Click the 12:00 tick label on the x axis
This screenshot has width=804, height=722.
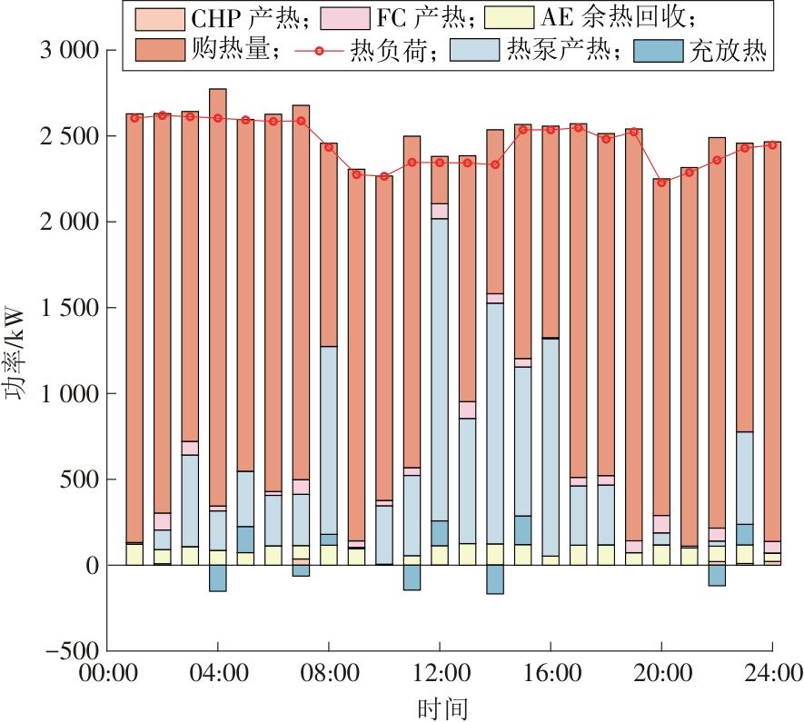click(440, 675)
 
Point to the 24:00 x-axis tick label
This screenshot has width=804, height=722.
click(771, 675)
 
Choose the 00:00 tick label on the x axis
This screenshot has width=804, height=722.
click(108, 675)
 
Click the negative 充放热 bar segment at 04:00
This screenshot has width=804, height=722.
click(218, 578)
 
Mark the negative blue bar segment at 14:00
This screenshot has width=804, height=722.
click(495, 579)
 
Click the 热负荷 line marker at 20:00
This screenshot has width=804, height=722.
click(661, 183)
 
